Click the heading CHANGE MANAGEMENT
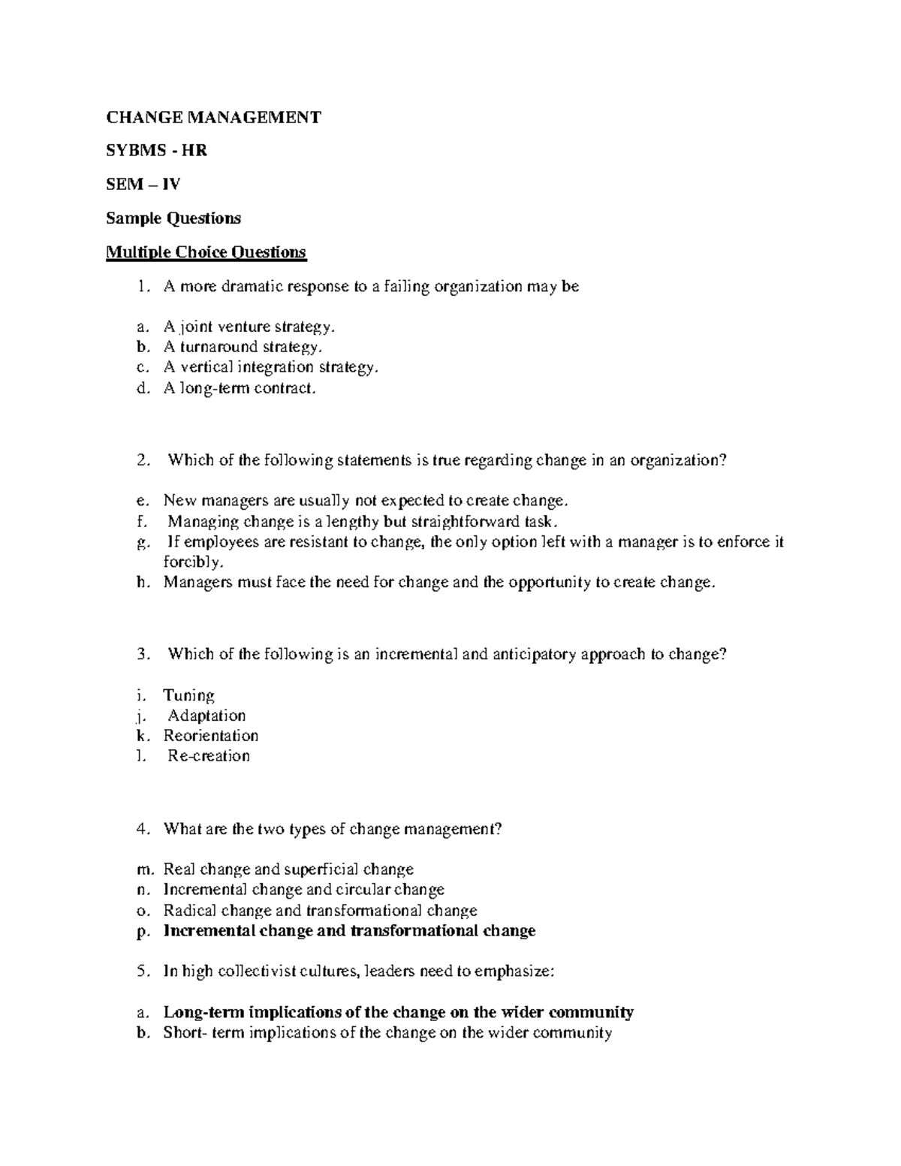tap(213, 117)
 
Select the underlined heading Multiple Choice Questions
tap(206, 252)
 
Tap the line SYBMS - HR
tap(156, 151)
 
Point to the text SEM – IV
tap(143, 185)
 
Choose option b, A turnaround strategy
tap(243, 347)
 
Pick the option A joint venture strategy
tap(249, 327)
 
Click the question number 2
tap(143, 460)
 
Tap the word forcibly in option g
tap(192, 562)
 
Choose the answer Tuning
tap(189, 695)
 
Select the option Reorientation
tap(211, 736)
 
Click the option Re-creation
tap(209, 756)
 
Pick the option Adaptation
tap(206, 716)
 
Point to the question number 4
tap(143, 829)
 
